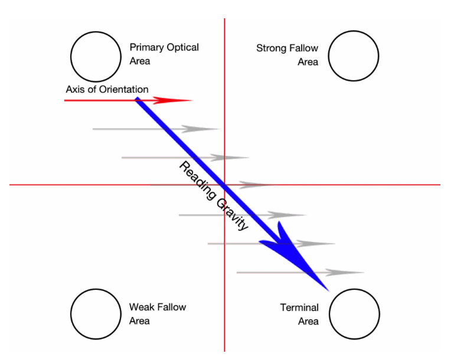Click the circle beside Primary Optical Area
tap(96, 56)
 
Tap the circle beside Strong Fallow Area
tap(354, 55)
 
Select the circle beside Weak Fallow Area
tap(96, 314)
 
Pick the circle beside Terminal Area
tap(354, 314)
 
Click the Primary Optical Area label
tap(164, 54)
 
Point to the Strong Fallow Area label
tap(288, 55)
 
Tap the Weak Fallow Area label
tap(157, 314)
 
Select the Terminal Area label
tap(300, 314)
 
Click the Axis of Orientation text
tap(107, 89)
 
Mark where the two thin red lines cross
tap(224, 185)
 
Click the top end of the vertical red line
tap(224, 20)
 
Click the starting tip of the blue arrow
tap(137, 99)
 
